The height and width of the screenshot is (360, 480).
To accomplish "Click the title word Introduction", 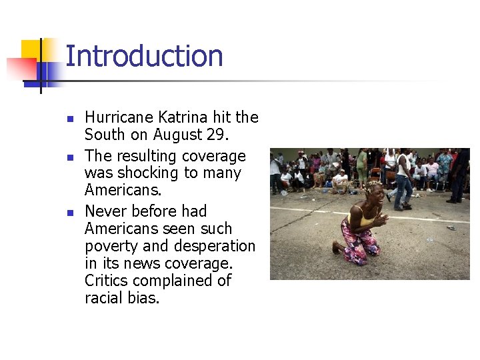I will [x=144, y=56].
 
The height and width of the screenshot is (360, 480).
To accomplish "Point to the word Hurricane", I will [x=118, y=117].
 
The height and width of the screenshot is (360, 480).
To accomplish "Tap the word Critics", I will [x=110, y=281].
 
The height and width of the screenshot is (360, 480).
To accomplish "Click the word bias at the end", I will [x=147, y=298].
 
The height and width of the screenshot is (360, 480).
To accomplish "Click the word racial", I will [x=106, y=298].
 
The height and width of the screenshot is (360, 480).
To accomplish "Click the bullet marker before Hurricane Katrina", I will [x=70, y=119].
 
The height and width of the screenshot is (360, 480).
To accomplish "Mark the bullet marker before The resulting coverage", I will [x=70, y=157].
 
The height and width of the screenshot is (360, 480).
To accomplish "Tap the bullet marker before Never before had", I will [x=70, y=213].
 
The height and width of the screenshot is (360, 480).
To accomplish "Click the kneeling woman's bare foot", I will [x=337, y=247].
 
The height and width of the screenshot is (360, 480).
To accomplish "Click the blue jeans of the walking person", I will [x=403, y=189].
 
